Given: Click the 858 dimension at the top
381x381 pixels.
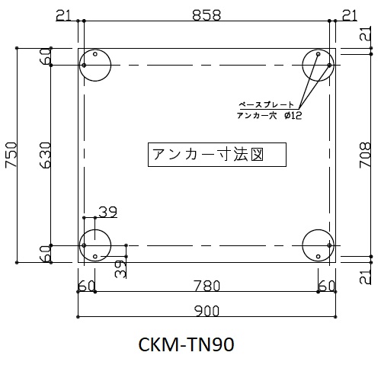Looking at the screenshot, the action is (207, 15).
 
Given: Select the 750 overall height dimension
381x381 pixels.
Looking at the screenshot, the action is (11, 155).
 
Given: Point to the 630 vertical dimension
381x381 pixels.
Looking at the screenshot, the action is (46, 155).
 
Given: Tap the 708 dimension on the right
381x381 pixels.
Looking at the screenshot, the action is (365, 155).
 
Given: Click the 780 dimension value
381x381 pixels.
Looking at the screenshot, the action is (207, 286).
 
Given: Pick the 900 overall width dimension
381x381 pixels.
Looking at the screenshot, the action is (207, 311).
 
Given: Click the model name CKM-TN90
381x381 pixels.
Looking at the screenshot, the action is (186, 344).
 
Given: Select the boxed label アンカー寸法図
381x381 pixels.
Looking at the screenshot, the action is (217, 155).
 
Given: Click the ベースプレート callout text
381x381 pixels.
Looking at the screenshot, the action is (266, 104).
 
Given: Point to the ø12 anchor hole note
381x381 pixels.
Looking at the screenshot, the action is (293, 116).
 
